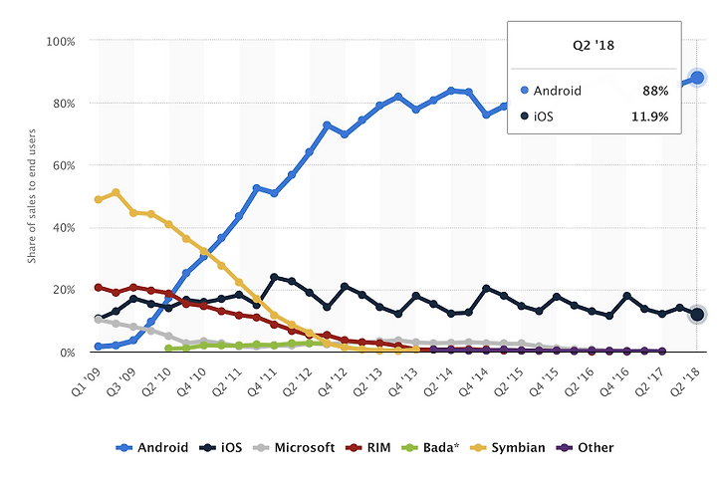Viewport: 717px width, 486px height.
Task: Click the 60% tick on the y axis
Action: [63, 166]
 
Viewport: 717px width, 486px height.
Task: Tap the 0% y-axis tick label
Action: [66, 353]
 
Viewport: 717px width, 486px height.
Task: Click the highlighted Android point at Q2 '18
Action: [697, 78]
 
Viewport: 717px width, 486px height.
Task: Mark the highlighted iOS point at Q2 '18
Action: [697, 315]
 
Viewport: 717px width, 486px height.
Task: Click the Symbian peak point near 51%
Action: [116, 192]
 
